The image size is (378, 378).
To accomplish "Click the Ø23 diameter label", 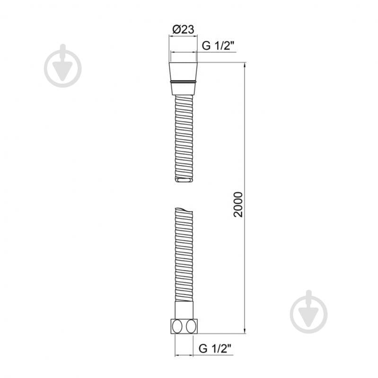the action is (x=183, y=29).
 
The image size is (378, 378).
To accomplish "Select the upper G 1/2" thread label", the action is (x=218, y=45).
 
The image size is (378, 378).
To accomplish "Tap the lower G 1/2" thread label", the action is (x=215, y=348).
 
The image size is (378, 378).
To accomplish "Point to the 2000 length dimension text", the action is (x=238, y=204).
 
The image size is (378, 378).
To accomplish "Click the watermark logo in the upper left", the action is (x=62, y=66).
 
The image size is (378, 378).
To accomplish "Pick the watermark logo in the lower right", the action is (x=309, y=311).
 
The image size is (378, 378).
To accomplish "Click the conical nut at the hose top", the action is (x=183, y=79).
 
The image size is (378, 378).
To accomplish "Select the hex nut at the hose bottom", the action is (x=184, y=326).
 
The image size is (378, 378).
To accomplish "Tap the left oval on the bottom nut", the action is (x=177, y=326).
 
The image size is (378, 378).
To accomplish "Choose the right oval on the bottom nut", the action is (x=191, y=326).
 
